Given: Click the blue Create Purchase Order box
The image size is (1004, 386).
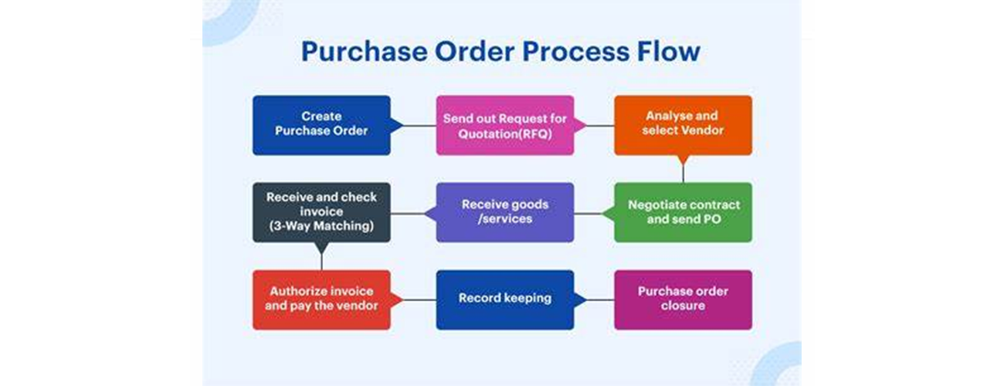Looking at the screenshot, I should (x=321, y=125).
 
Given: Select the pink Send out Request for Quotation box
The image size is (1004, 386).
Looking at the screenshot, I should (x=504, y=125).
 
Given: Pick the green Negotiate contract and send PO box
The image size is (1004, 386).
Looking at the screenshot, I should (x=683, y=212).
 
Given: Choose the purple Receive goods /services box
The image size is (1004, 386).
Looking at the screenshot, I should (x=504, y=212).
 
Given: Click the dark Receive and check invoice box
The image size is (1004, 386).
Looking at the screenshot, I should (x=321, y=212).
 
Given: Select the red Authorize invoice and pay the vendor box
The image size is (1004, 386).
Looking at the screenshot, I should (x=321, y=300).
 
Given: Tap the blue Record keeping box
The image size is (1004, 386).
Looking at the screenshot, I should (x=504, y=300).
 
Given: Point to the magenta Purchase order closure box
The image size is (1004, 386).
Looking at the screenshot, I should (x=683, y=300).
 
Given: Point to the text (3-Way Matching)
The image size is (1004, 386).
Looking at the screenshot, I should (x=321, y=227).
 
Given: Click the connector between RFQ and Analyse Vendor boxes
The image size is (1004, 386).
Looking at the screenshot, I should (x=600, y=125).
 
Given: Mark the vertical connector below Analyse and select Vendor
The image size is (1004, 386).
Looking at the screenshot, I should (x=683, y=173).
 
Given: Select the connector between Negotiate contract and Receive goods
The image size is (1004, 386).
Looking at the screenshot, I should (x=595, y=213).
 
